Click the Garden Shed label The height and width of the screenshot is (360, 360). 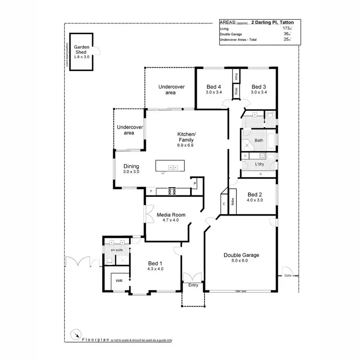(x=82, y=50)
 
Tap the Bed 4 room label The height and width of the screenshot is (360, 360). (x=214, y=87)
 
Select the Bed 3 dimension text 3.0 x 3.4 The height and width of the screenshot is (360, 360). (x=259, y=92)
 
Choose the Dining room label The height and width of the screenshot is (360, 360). (x=131, y=166)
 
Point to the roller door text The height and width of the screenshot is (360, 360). (x=240, y=291)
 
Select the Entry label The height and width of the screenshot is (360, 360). (x=193, y=286)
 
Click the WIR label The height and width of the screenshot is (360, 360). (x=119, y=280)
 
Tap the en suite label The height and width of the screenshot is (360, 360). (x=116, y=251)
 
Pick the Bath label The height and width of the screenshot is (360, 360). (x=259, y=141)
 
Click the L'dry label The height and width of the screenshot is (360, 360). (x=259, y=164)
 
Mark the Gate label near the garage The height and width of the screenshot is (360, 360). (x=288, y=276)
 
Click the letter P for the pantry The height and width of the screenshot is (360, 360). (x=195, y=184)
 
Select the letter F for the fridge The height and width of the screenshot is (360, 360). (x=151, y=192)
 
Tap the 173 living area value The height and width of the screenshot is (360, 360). (x=287, y=29)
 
